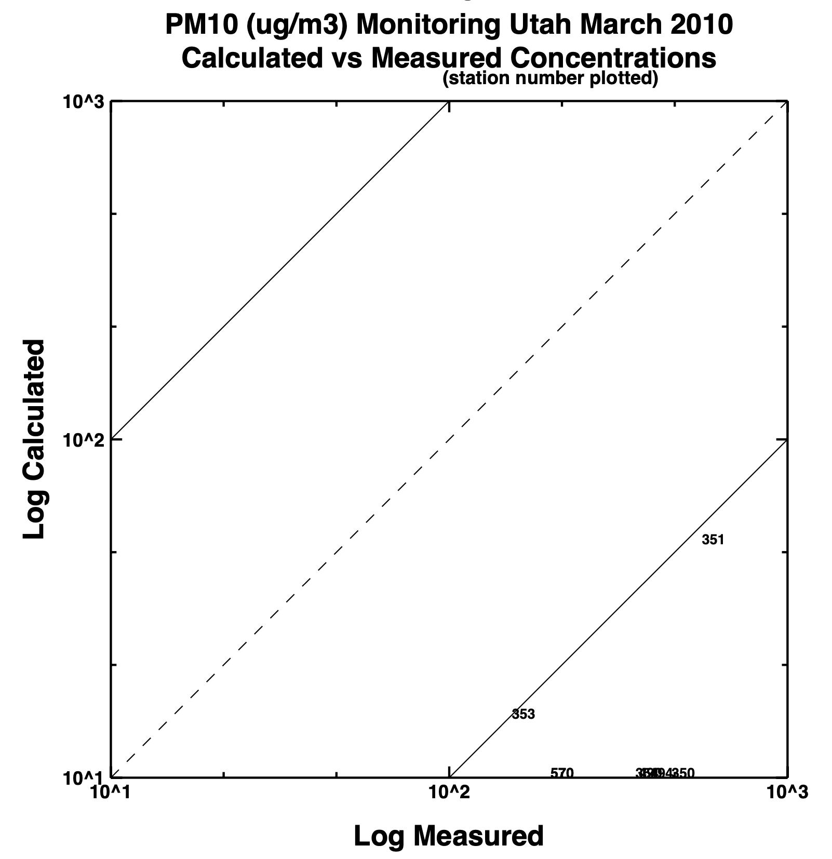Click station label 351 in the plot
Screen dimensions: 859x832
coord(713,540)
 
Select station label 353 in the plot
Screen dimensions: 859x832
coord(523,714)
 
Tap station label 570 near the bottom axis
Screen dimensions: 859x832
coord(562,773)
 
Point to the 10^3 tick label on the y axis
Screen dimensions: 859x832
coord(84,102)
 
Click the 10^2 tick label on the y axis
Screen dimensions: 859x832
coord(84,440)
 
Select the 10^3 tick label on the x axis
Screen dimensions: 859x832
coord(787,792)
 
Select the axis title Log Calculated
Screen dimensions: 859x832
coord(35,439)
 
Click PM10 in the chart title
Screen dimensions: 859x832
coord(199,25)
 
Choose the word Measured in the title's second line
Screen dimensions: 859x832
coord(437,58)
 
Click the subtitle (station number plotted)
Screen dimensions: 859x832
coord(550,78)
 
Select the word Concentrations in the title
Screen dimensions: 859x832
coord(613,58)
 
